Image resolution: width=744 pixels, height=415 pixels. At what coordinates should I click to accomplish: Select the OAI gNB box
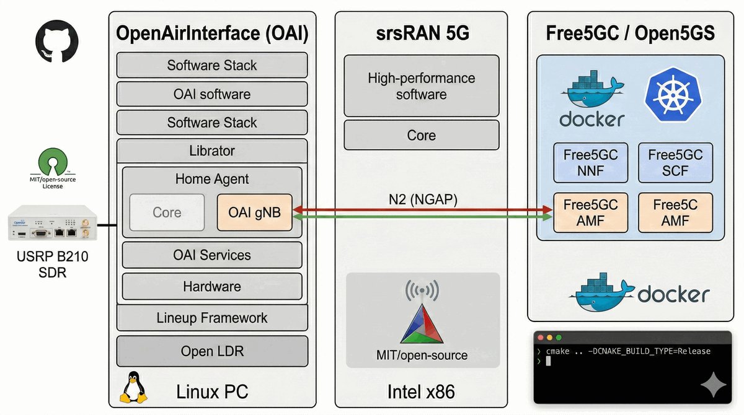pyautogui.click(x=255, y=212)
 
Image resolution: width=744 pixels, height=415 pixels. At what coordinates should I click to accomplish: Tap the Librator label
pyautogui.click(x=212, y=151)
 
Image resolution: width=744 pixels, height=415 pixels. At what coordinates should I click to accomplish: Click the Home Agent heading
pyautogui.click(x=212, y=179)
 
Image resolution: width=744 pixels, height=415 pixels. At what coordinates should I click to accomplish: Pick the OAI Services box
pyautogui.click(x=212, y=255)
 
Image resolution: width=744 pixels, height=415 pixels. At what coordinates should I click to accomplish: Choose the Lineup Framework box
pyautogui.click(x=212, y=318)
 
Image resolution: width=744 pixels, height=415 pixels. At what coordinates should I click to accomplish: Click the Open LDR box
pyautogui.click(x=212, y=351)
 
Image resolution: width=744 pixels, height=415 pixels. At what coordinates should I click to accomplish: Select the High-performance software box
pyautogui.click(x=422, y=86)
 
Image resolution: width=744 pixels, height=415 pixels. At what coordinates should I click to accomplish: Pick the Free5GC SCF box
pyautogui.click(x=675, y=163)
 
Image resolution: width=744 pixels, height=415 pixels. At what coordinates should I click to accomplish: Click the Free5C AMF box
pyautogui.click(x=675, y=212)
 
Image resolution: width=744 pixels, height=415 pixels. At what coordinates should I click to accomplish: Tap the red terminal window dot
pyautogui.click(x=540, y=338)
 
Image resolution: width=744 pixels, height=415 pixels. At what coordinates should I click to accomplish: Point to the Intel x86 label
pyautogui.click(x=422, y=391)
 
